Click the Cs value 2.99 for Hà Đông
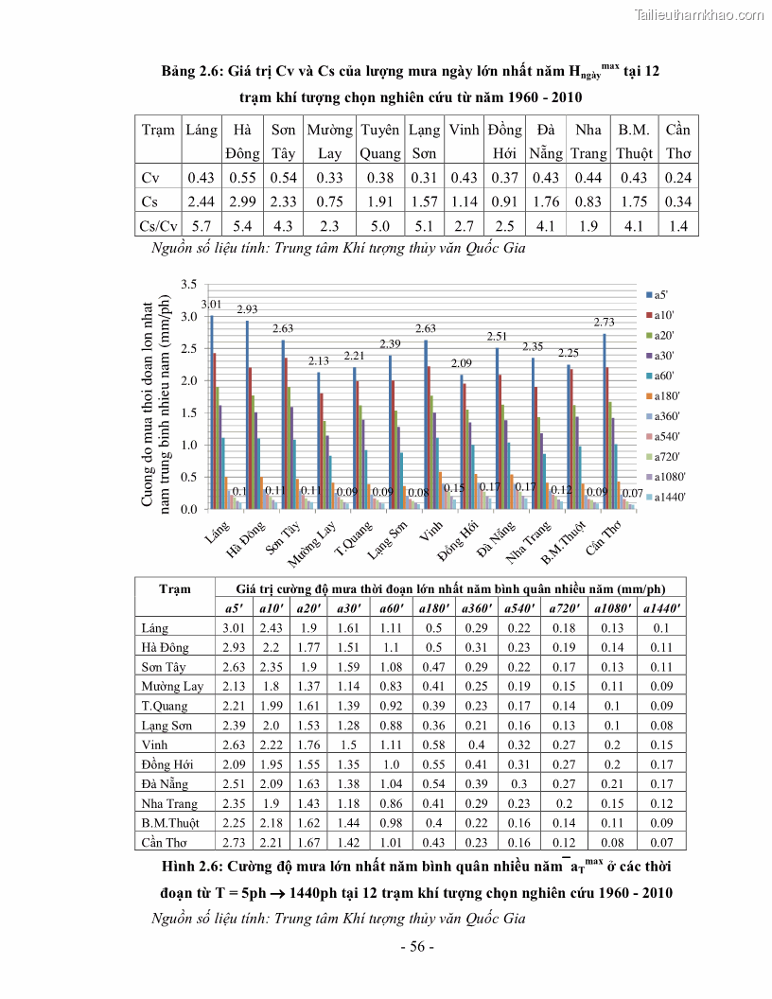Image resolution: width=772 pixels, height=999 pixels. pyautogui.click(x=242, y=202)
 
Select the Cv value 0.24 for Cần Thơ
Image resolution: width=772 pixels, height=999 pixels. pyautogui.click(x=677, y=178)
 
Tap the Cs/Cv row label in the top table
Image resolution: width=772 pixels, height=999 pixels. pyautogui.click(x=159, y=225)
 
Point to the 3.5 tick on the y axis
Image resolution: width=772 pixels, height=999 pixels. pyautogui.click(x=188, y=285)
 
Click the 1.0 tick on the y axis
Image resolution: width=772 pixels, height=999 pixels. pyautogui.click(x=188, y=445)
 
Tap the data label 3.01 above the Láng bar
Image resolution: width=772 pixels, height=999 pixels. pyautogui.click(x=211, y=304)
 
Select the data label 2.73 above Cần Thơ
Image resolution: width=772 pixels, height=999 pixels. pyautogui.click(x=605, y=323)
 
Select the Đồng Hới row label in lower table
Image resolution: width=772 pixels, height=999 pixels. pyautogui.click(x=165, y=764)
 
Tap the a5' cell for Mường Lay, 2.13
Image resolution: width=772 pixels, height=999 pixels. pyautogui.click(x=233, y=687)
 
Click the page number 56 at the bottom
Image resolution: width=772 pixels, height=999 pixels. pyautogui.click(x=416, y=947)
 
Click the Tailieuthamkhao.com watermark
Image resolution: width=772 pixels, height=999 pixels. pyautogui.click(x=698, y=14)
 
